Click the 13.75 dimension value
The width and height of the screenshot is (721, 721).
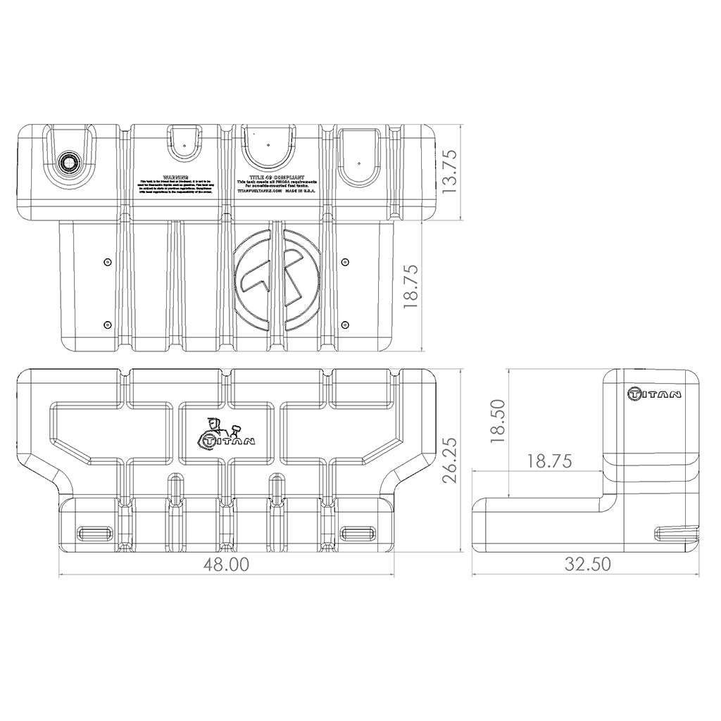point(449,170)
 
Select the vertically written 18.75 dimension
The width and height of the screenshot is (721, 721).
point(411,287)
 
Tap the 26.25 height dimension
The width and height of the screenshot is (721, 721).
point(451,460)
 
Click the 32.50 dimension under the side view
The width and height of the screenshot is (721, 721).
point(587,564)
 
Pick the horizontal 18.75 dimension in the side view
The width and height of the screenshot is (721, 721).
point(548,461)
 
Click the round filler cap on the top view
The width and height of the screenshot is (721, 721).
point(69,161)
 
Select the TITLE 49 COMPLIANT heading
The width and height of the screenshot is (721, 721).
point(277,179)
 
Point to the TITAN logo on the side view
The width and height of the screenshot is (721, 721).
point(654,394)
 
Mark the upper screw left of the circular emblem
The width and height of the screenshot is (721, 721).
point(106,262)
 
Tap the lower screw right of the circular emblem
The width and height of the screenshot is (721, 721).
point(345,325)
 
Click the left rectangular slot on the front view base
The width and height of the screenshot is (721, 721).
point(94,532)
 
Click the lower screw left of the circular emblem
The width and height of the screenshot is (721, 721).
point(106,325)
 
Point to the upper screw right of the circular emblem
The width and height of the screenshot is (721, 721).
point(345,262)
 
